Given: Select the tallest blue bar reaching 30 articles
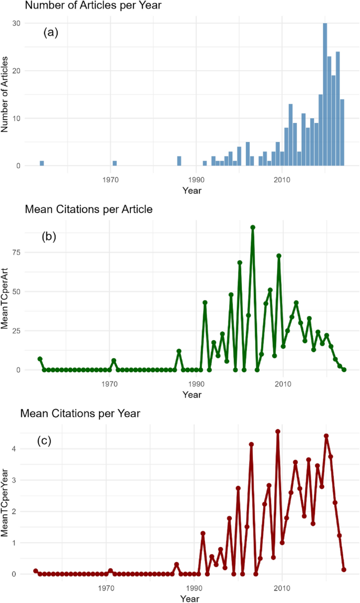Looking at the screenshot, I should click(x=325, y=95).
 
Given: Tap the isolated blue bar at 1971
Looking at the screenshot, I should click(x=115, y=163).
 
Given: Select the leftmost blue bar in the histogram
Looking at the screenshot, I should click(x=42, y=163).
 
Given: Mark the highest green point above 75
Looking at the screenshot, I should click(x=253, y=228).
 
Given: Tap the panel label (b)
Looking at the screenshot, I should click(x=49, y=236).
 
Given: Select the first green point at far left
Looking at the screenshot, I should click(x=39, y=359).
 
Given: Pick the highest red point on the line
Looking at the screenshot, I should click(x=278, y=432).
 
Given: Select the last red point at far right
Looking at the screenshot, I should click(x=344, y=569).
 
